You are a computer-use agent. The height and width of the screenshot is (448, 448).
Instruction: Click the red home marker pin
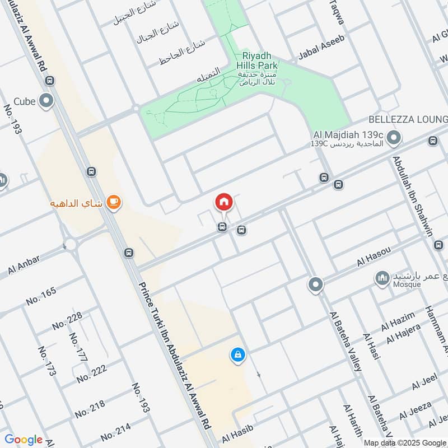coord(224,202)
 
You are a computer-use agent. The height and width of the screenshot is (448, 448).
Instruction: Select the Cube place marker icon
coord(47,101)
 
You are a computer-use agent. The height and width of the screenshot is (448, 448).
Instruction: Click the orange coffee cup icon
coord(113,202)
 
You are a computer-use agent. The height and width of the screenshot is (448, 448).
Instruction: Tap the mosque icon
coord(383,278)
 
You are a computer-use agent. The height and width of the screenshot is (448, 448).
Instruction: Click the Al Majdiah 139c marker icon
coord(394,136)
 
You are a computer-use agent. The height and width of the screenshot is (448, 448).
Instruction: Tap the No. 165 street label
coord(41,295)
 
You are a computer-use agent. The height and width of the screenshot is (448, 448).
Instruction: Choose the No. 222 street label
coord(92,374)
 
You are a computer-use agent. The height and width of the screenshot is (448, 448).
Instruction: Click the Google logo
coord(24,440)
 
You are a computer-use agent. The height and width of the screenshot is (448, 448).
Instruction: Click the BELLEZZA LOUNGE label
coord(408,120)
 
